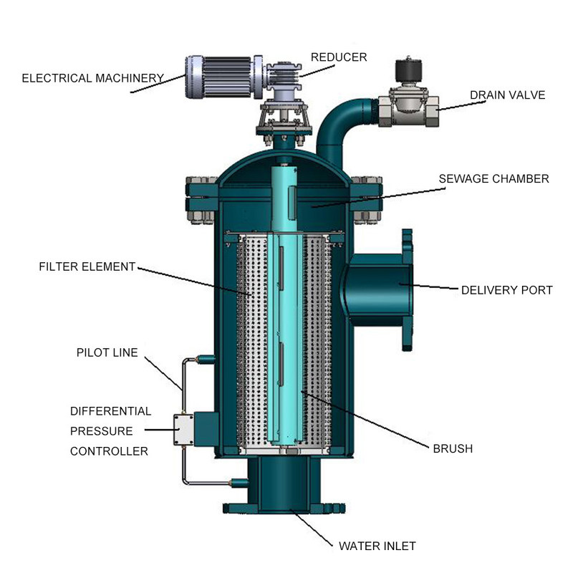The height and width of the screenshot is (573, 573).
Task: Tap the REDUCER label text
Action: [x=338, y=57]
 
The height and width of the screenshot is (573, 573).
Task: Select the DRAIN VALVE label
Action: [x=507, y=95]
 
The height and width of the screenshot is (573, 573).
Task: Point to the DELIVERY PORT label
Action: [x=506, y=290]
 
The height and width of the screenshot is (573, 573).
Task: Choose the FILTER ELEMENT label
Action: [x=87, y=266]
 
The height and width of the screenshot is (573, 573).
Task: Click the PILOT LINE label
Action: [x=107, y=352]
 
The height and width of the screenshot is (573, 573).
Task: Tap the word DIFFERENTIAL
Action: [x=111, y=411]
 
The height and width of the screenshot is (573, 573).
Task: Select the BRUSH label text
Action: [x=453, y=449]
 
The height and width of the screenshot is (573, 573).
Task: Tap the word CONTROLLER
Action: [x=109, y=451]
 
